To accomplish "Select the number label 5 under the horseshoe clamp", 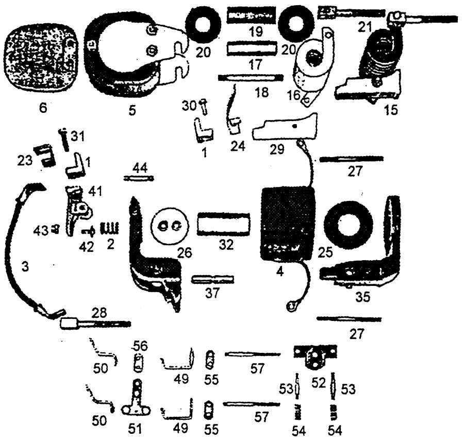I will (x=132, y=109).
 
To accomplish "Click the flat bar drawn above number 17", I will (x=253, y=50).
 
